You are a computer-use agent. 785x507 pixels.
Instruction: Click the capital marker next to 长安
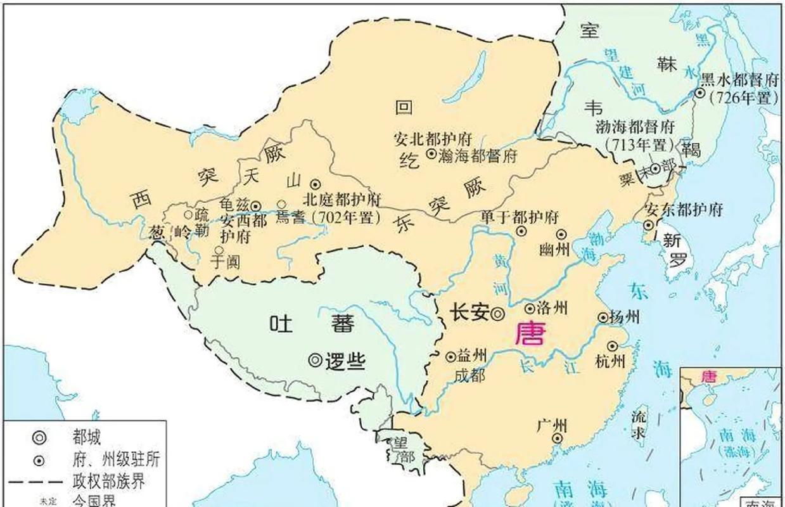pyautogui.click(x=499, y=312)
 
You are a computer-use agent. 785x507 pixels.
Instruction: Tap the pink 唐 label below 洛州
pyautogui.click(x=530, y=333)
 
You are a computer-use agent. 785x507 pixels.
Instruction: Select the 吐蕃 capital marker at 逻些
pyautogui.click(x=314, y=360)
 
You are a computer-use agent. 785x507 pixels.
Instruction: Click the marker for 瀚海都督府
pyautogui.click(x=431, y=154)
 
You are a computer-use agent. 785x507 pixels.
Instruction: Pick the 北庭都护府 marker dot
pyautogui.click(x=315, y=183)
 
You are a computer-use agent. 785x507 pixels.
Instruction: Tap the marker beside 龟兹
pyautogui.click(x=256, y=206)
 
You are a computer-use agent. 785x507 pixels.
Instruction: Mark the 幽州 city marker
pyautogui.click(x=560, y=233)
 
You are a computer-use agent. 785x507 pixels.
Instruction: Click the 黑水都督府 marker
pyautogui.click(x=699, y=93)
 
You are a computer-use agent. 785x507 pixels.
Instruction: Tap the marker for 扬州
pyautogui.click(x=604, y=317)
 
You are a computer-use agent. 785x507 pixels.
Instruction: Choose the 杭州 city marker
pyautogui.click(x=612, y=346)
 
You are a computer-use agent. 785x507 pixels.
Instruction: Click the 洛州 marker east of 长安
pyautogui.click(x=530, y=309)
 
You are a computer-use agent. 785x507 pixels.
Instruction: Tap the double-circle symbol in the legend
pyautogui.click(x=39, y=437)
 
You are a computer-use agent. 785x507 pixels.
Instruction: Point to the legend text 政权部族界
pyautogui.click(x=109, y=481)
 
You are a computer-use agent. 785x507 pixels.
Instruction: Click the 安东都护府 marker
pyautogui.click(x=649, y=225)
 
